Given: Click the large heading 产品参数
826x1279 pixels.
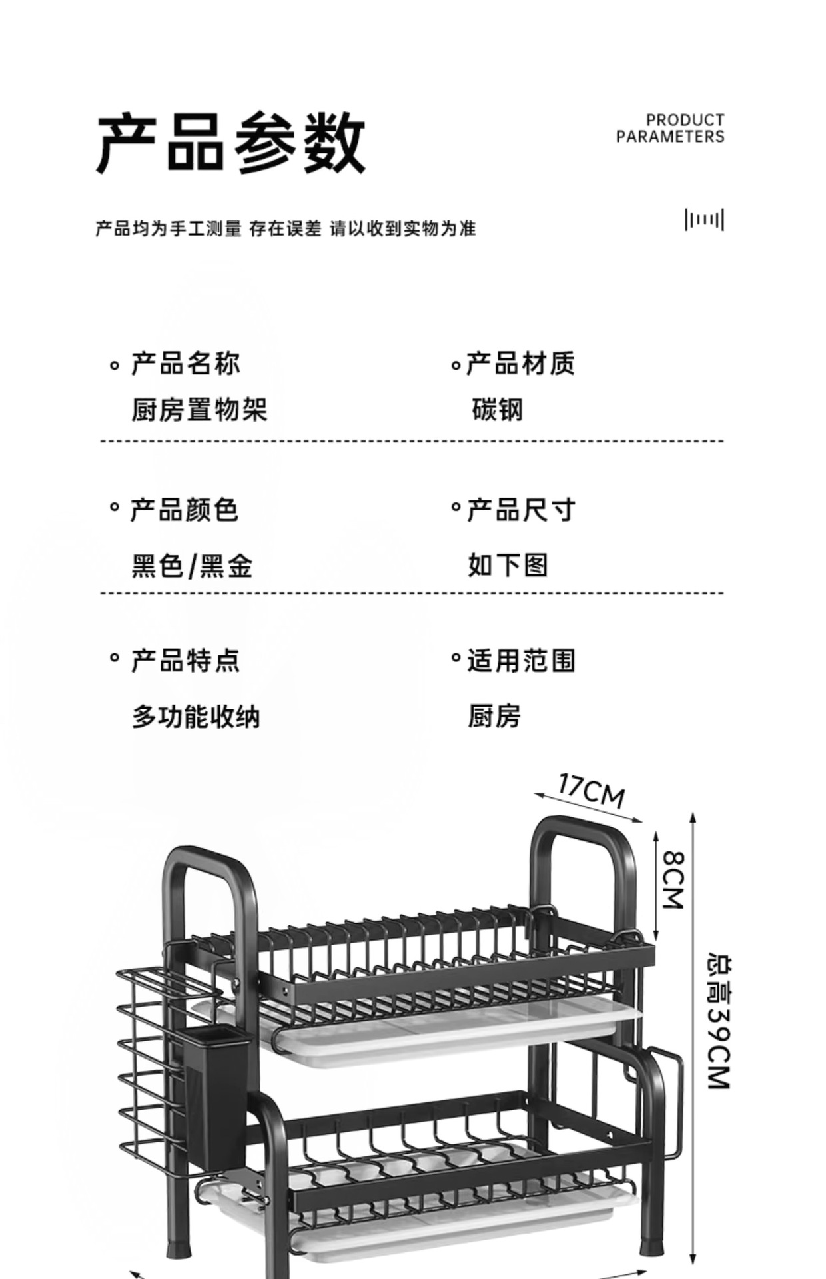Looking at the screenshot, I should coord(231,143).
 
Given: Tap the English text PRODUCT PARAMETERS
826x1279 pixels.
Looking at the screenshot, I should coord(670,129).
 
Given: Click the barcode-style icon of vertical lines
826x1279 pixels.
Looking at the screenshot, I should coord(704,220).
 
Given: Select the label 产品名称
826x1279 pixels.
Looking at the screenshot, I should coord(185,364).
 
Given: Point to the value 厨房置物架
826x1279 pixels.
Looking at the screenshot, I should coord(199,410).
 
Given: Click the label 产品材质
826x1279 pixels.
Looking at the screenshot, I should coord(520,364).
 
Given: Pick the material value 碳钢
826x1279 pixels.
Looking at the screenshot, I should coord(497,410).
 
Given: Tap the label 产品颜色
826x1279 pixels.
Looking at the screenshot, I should coord(184,510).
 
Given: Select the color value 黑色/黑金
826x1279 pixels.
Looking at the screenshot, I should coord(192,566).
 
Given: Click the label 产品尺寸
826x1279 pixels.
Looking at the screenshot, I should coord(520,510).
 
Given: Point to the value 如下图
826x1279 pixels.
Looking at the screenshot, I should coord(508,565).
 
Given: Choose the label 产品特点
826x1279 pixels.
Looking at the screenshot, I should coord(185,661).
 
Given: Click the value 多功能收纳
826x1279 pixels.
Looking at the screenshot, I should coord(196,717).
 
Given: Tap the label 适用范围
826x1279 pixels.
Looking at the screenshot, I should coord(521,661).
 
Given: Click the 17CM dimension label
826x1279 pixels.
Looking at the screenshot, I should coord(592,790).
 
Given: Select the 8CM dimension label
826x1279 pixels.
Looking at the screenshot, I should coord(673,879).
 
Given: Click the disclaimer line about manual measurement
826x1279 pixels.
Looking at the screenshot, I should coord(285,229).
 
